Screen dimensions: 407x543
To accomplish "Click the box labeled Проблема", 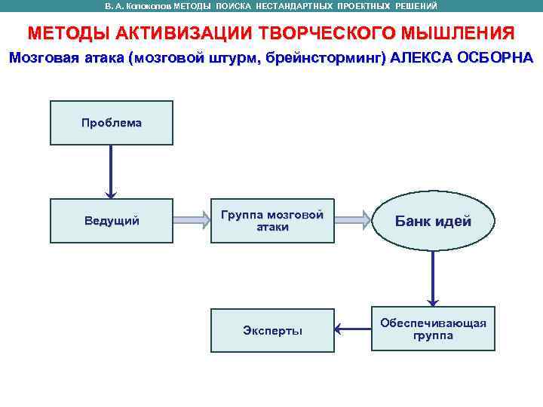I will pyautogui.click(x=111, y=123).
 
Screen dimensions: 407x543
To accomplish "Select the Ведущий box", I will pyautogui.click(x=111, y=221).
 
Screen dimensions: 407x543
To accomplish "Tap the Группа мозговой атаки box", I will pyautogui.click(x=271, y=221).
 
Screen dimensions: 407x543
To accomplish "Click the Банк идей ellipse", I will pyautogui.click(x=433, y=222).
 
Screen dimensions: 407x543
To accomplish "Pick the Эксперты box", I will pyautogui.click(x=271, y=330).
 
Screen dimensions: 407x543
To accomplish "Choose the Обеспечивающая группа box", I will pyautogui.click(x=433, y=329).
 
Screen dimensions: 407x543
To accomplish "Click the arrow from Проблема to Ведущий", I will pyautogui.click(x=111, y=172).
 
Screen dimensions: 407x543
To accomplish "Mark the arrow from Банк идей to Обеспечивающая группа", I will pyautogui.click(x=433, y=277).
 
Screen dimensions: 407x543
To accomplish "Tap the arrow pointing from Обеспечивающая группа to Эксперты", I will pyautogui.click(x=352, y=329).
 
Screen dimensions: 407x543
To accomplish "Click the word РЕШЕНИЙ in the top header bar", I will pyautogui.click(x=417, y=6).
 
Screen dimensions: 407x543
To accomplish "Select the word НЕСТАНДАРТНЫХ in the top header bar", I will pyautogui.click(x=290, y=6).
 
